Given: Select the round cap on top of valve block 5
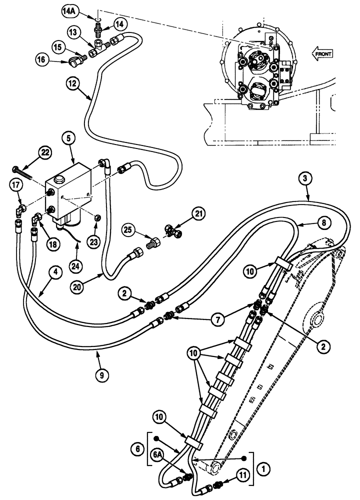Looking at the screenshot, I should tap(60, 179).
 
